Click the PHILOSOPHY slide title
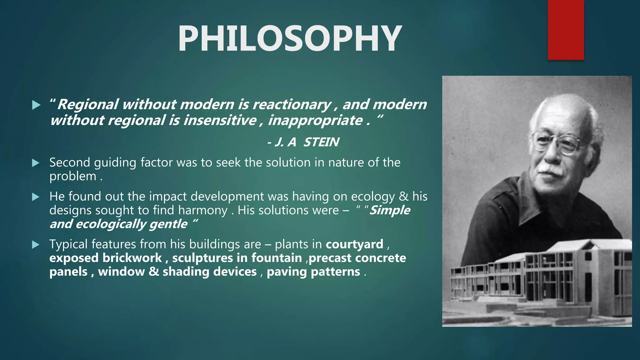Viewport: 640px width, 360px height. tap(290, 39)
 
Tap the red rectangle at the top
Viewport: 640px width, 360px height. tap(566, 30)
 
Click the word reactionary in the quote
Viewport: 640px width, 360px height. tap(292, 104)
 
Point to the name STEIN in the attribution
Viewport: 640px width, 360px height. tap(321, 142)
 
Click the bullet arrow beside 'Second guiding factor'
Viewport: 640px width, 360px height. tap(36, 163)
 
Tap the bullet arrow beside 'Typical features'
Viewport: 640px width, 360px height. tap(36, 245)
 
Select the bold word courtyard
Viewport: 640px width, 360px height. tap(354, 244)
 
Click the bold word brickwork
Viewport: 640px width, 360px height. tap(132, 258)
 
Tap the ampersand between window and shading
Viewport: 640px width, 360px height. tap(153, 272)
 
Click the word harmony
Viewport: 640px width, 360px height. tap(202, 210)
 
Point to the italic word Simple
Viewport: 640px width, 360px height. tap(390, 210)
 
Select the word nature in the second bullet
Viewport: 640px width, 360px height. tap(346, 163)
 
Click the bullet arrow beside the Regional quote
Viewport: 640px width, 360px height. tap(36, 105)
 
